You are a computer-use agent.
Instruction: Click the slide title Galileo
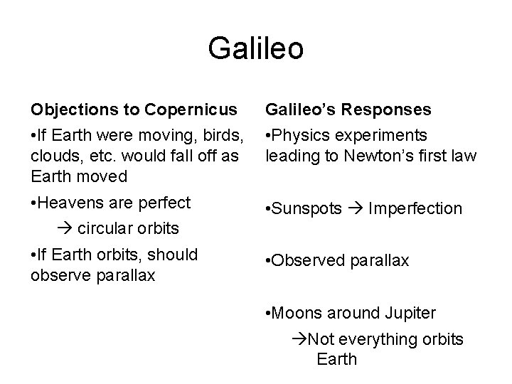point(256,48)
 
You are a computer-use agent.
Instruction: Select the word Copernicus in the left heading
point(191,110)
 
